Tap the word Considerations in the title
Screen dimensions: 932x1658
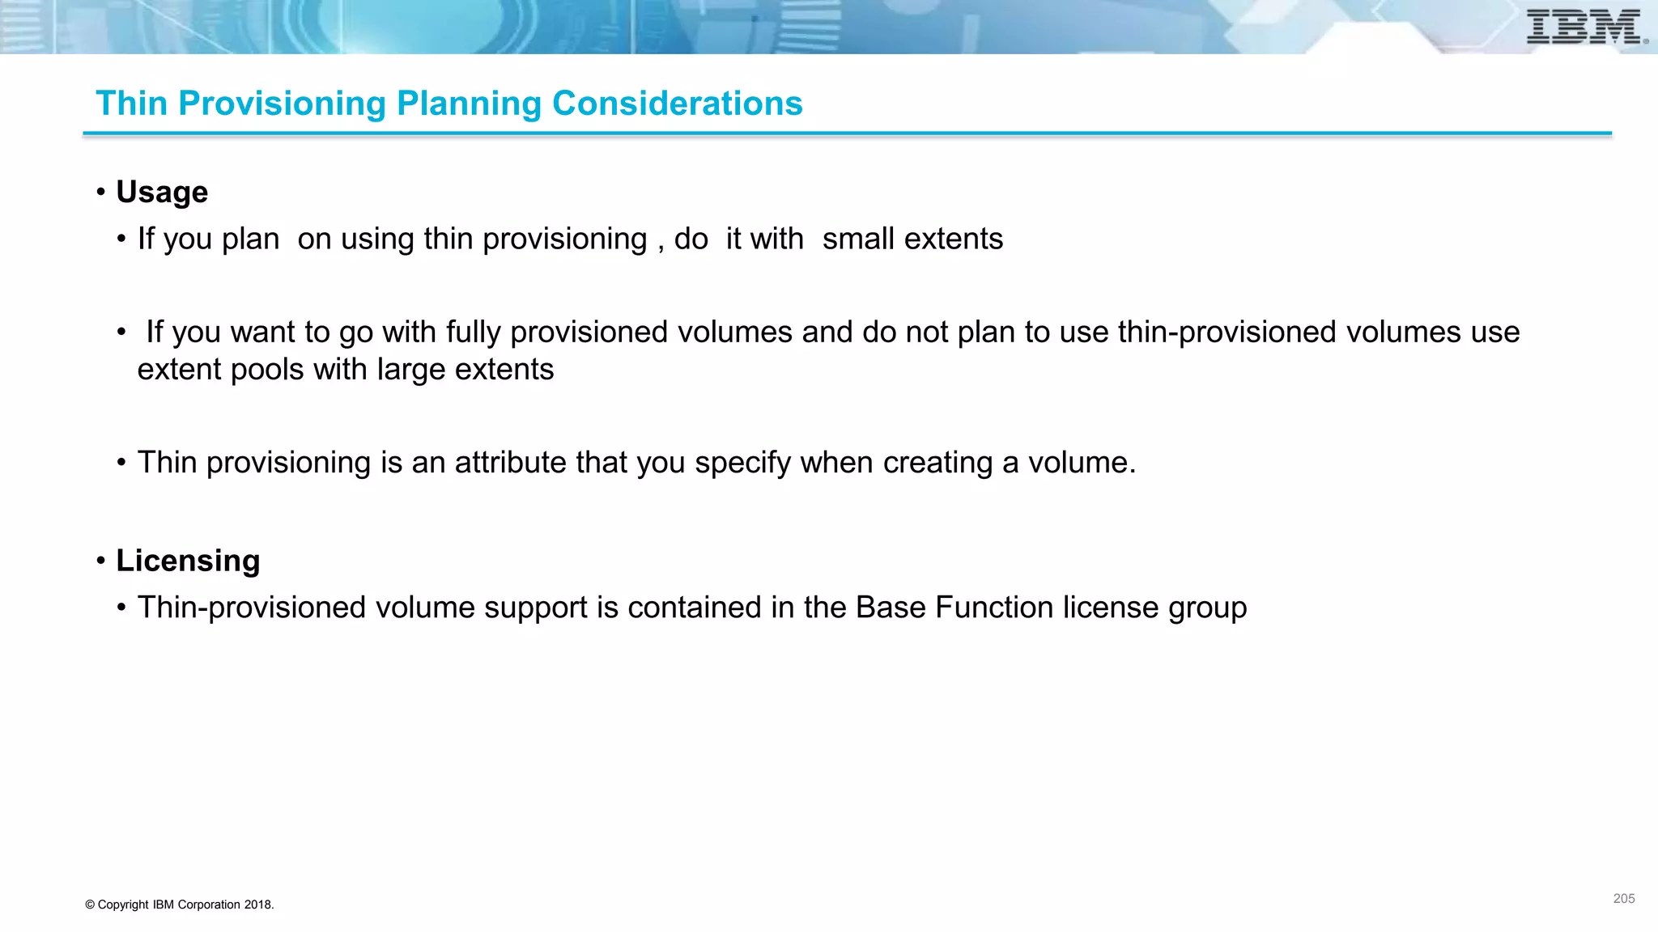[677, 104]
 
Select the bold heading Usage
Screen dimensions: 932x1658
[162, 193]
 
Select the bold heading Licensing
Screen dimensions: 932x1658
[188, 561]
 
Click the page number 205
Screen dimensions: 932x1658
[1623, 899]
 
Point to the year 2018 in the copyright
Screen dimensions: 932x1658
[257, 904]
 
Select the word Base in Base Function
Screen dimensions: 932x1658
[890, 608]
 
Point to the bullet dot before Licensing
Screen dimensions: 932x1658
[101, 561]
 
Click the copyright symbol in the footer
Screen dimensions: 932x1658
[90, 904]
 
